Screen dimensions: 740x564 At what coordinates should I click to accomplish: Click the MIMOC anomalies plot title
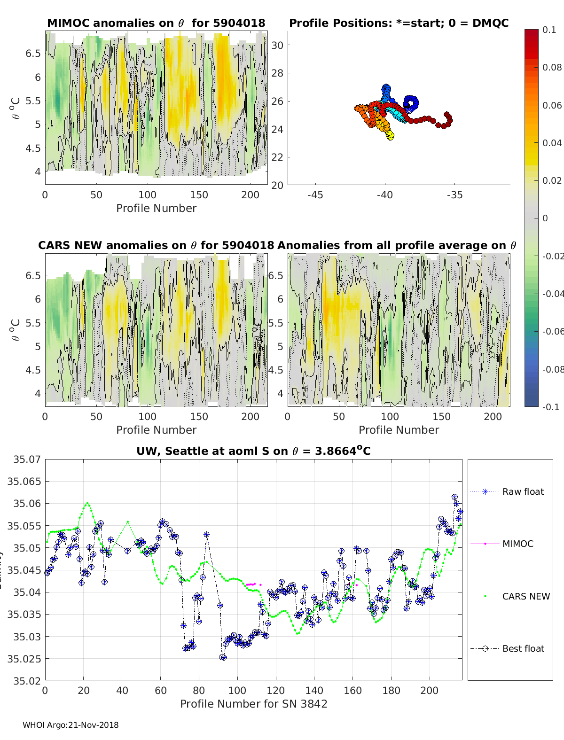pos(156,23)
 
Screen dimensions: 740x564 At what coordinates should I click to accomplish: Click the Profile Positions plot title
pos(399,23)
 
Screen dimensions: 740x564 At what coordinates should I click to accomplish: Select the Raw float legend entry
pos(523,491)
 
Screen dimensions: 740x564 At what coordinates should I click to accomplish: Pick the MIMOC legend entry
pos(517,544)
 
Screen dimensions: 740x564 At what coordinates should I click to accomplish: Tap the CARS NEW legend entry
pos(525,596)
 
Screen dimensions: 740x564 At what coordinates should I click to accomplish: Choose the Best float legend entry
pos(523,648)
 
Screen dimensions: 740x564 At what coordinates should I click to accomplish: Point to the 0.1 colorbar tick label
pos(549,30)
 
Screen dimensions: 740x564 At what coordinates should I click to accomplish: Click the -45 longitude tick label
pos(315,195)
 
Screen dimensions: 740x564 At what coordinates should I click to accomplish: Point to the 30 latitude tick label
pos(277,45)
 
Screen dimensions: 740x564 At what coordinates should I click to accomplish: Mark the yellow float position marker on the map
pos(390,136)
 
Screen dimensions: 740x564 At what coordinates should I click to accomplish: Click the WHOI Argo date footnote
pos(70,725)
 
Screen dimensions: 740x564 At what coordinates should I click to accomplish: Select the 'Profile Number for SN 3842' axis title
pos(253,704)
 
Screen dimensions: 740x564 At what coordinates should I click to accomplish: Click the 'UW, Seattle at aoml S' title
pos(253,451)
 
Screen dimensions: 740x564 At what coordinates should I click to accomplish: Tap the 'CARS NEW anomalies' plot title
pos(156,245)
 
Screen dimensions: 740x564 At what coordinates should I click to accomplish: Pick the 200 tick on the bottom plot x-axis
pos(430,690)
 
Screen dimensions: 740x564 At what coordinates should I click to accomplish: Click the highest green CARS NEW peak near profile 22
pos(87,503)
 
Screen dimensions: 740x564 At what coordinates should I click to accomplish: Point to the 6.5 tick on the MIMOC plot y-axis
pos(33,53)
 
